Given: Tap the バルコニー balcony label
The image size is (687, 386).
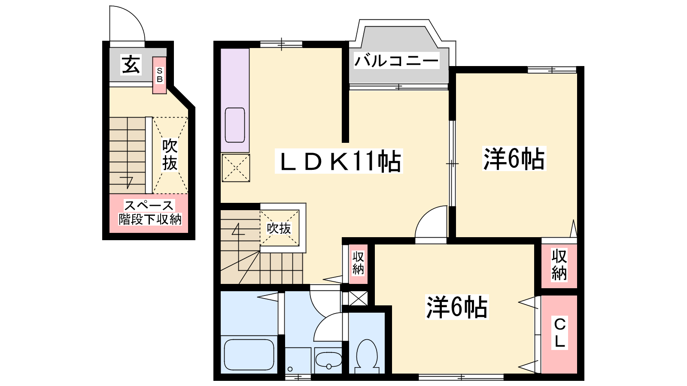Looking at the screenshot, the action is pos(397,60).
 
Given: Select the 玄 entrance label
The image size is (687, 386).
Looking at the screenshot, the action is pos(131,64).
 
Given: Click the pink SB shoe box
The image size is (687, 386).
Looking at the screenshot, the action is pos(159,75).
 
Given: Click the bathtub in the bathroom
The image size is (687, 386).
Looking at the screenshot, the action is pos(249,355).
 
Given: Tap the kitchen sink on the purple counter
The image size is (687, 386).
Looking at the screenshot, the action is pos(235,125).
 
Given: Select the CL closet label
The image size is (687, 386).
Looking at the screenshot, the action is pos(559,333).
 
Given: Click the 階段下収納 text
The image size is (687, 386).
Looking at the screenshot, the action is pos(150,219).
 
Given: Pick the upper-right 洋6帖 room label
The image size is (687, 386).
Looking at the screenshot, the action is pos(514,159).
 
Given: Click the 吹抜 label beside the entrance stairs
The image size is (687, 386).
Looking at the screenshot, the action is pos(170,155).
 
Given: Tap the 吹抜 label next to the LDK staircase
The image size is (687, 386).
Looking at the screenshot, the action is pos(279,228).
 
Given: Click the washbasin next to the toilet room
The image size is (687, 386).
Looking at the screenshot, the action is pos(328,360).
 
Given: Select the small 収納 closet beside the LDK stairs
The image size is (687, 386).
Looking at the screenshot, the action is pos(358,264).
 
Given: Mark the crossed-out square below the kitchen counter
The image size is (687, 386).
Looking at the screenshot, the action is pos(236,168).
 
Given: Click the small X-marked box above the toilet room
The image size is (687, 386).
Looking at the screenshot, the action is pos(358,298).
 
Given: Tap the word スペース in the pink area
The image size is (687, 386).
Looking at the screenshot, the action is pos(149,205).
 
